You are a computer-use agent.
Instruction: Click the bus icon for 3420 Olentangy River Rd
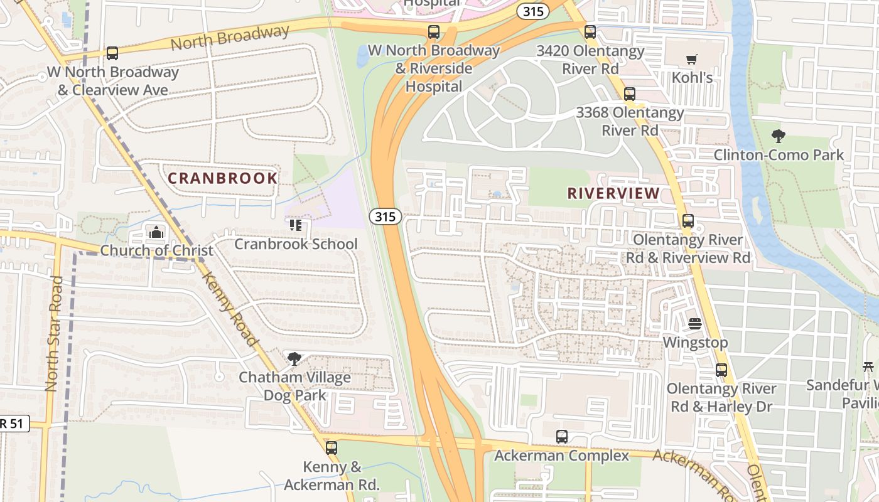pos(590,32)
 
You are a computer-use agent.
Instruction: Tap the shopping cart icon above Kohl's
pos(692,60)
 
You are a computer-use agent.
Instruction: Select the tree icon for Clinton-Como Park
pos(779,136)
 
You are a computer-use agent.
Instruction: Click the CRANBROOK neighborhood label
pos(222,178)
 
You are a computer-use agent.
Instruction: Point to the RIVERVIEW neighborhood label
pos(613,193)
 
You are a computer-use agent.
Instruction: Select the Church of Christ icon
pos(156,232)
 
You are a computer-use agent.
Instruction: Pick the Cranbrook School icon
pos(296,225)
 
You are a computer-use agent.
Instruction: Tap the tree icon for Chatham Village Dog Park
pos(294,359)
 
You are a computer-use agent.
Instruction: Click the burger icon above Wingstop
pos(695,324)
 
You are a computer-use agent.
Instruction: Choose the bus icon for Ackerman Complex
pos(562,437)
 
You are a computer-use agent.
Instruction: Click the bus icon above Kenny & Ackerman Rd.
pos(332,448)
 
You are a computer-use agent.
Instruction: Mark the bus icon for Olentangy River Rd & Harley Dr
pos(721,370)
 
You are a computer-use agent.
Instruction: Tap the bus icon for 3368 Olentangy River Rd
pos(630,94)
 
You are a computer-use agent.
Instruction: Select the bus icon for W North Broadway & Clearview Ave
pos(112,53)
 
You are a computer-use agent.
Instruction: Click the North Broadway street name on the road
pos(230,38)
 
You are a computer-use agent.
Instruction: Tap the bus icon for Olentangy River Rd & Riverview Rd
pos(688,221)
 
